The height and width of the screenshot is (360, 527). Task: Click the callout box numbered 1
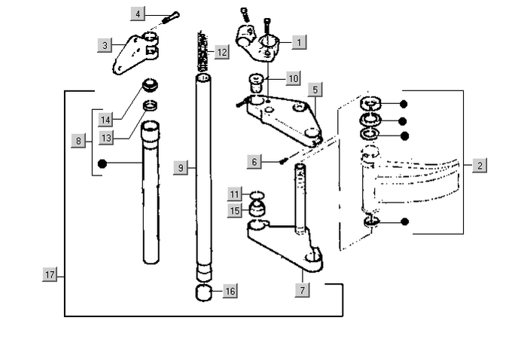click(x=300, y=43)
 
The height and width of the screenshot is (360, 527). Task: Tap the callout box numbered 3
click(x=105, y=46)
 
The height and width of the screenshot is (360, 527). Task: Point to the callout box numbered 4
click(x=136, y=14)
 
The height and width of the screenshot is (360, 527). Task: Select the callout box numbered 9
click(x=180, y=168)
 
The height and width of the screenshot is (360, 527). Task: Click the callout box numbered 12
click(x=220, y=52)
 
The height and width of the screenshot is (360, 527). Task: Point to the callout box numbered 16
click(x=229, y=291)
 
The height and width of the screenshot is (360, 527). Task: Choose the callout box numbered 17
click(x=50, y=276)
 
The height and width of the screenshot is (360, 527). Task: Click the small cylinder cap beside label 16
click(x=204, y=292)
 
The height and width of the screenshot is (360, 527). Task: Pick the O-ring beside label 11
click(x=257, y=194)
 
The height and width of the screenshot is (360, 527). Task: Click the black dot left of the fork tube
click(x=102, y=162)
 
